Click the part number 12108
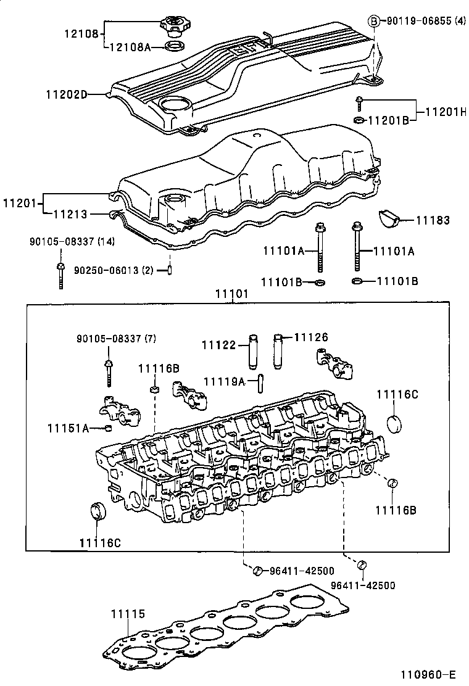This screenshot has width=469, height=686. [x=81, y=34]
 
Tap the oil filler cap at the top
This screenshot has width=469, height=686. [x=175, y=27]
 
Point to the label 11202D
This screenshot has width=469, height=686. [x=66, y=94]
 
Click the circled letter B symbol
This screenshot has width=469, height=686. [x=373, y=22]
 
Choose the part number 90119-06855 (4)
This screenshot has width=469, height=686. [x=425, y=22]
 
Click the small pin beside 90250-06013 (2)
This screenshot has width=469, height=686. [x=169, y=270]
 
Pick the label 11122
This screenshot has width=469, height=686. [x=219, y=345]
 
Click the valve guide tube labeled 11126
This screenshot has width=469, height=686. [x=278, y=349]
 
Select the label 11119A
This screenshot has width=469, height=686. [x=225, y=382]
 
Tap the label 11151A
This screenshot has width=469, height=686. [x=68, y=428]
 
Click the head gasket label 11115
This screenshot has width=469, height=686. [x=128, y=614]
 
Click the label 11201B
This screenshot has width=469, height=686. [x=389, y=120]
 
